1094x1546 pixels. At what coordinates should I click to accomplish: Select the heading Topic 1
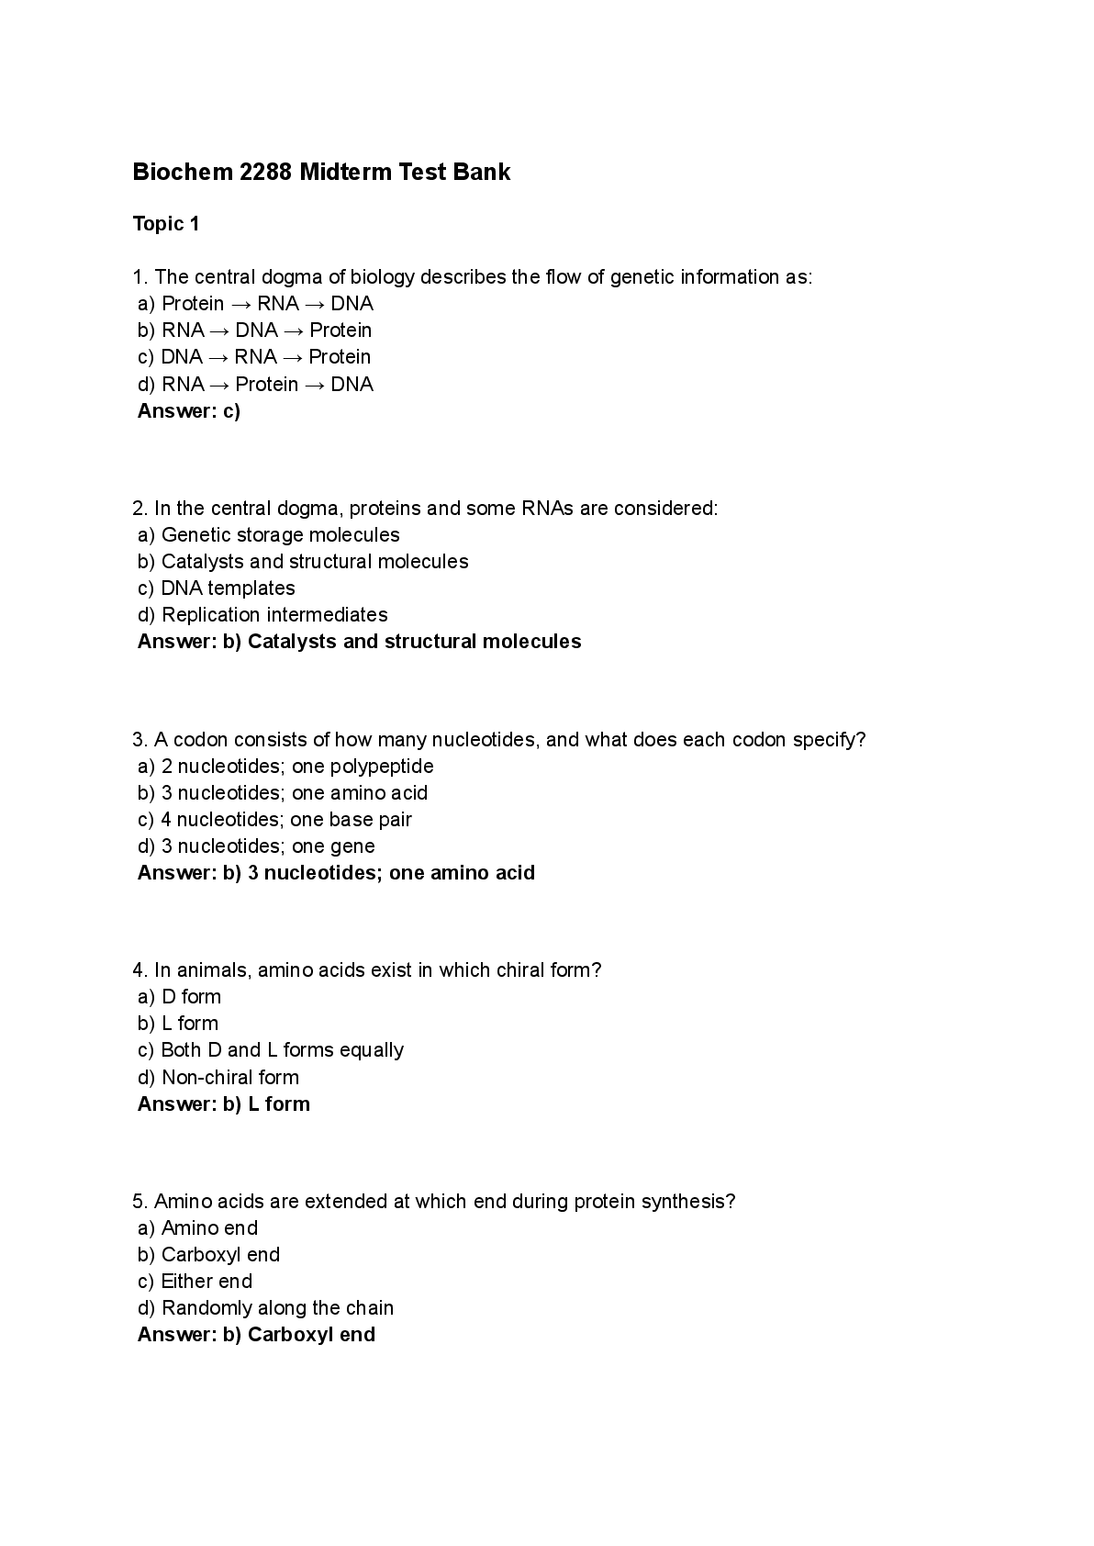pos(166,224)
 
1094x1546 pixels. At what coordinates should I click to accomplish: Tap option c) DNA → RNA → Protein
pos(254,356)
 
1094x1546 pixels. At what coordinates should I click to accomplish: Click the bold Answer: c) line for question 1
pos(189,410)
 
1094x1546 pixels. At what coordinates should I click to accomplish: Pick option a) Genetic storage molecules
pos(269,534)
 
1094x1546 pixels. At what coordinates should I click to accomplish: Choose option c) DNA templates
pos(217,588)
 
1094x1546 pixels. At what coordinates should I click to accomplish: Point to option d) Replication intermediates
pos(262,614)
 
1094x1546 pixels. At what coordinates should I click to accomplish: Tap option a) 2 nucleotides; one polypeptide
pos(285,766)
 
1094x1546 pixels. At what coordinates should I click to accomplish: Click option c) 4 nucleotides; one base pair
pos(274,819)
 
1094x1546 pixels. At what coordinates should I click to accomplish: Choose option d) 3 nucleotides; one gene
pos(256,846)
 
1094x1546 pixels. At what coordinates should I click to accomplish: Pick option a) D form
pos(179,996)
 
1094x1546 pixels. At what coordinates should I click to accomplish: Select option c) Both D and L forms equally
pos(271,1049)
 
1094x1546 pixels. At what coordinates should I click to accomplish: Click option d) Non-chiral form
pos(218,1077)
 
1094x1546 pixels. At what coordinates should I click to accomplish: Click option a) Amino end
pos(197,1227)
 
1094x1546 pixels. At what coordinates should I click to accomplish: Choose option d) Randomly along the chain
pos(265,1307)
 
